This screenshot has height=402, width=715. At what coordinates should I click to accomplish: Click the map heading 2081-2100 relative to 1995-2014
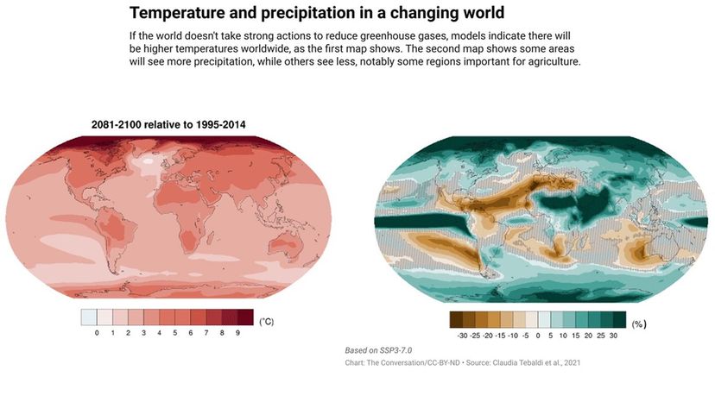point(168,125)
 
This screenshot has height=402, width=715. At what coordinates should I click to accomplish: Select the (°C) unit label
point(267,321)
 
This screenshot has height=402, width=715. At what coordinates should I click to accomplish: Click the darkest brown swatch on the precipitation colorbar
point(458,318)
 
